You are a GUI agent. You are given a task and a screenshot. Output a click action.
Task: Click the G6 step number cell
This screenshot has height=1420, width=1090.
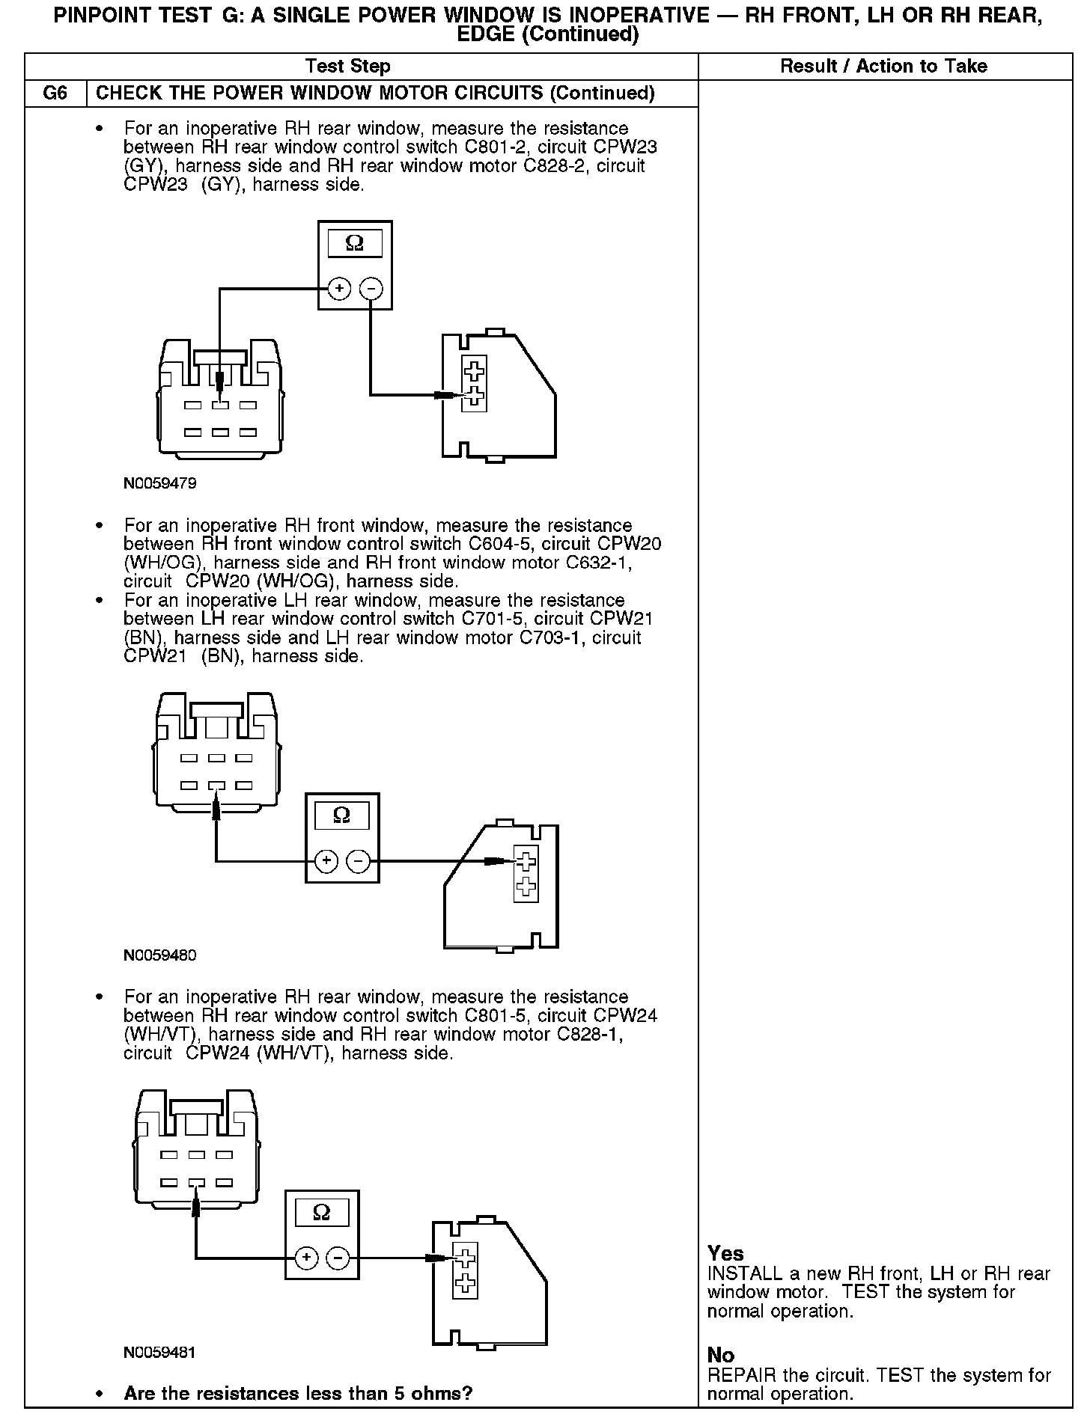click(x=55, y=94)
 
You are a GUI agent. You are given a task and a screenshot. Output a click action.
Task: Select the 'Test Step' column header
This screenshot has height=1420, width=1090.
click(x=348, y=67)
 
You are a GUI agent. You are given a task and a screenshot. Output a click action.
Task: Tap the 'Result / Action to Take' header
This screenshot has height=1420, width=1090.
click(x=883, y=67)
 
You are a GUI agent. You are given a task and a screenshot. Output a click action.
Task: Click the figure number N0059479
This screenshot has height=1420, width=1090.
click(x=160, y=483)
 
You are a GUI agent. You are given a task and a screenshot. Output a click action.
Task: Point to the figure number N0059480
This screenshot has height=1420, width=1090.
click(x=160, y=955)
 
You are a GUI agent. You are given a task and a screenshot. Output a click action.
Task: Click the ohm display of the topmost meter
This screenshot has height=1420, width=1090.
click(x=355, y=244)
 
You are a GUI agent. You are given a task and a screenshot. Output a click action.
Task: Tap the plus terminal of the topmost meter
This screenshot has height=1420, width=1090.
click(x=339, y=289)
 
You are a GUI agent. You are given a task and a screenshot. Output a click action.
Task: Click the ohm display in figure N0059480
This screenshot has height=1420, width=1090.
click(x=342, y=815)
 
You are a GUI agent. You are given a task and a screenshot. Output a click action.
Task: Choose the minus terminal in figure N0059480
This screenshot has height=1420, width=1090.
click(x=359, y=862)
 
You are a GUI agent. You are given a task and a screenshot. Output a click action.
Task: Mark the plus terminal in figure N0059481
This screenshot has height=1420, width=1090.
click(x=306, y=1258)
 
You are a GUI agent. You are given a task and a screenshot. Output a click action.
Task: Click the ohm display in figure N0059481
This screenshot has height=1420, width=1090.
click(x=322, y=1212)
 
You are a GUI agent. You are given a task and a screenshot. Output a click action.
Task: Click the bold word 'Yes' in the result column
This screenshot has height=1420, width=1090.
click(x=725, y=1254)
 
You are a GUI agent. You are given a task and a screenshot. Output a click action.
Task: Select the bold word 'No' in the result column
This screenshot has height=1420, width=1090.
click(x=721, y=1356)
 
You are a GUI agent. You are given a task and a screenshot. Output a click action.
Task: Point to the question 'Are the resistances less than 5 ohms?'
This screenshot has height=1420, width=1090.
click(x=298, y=1394)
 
